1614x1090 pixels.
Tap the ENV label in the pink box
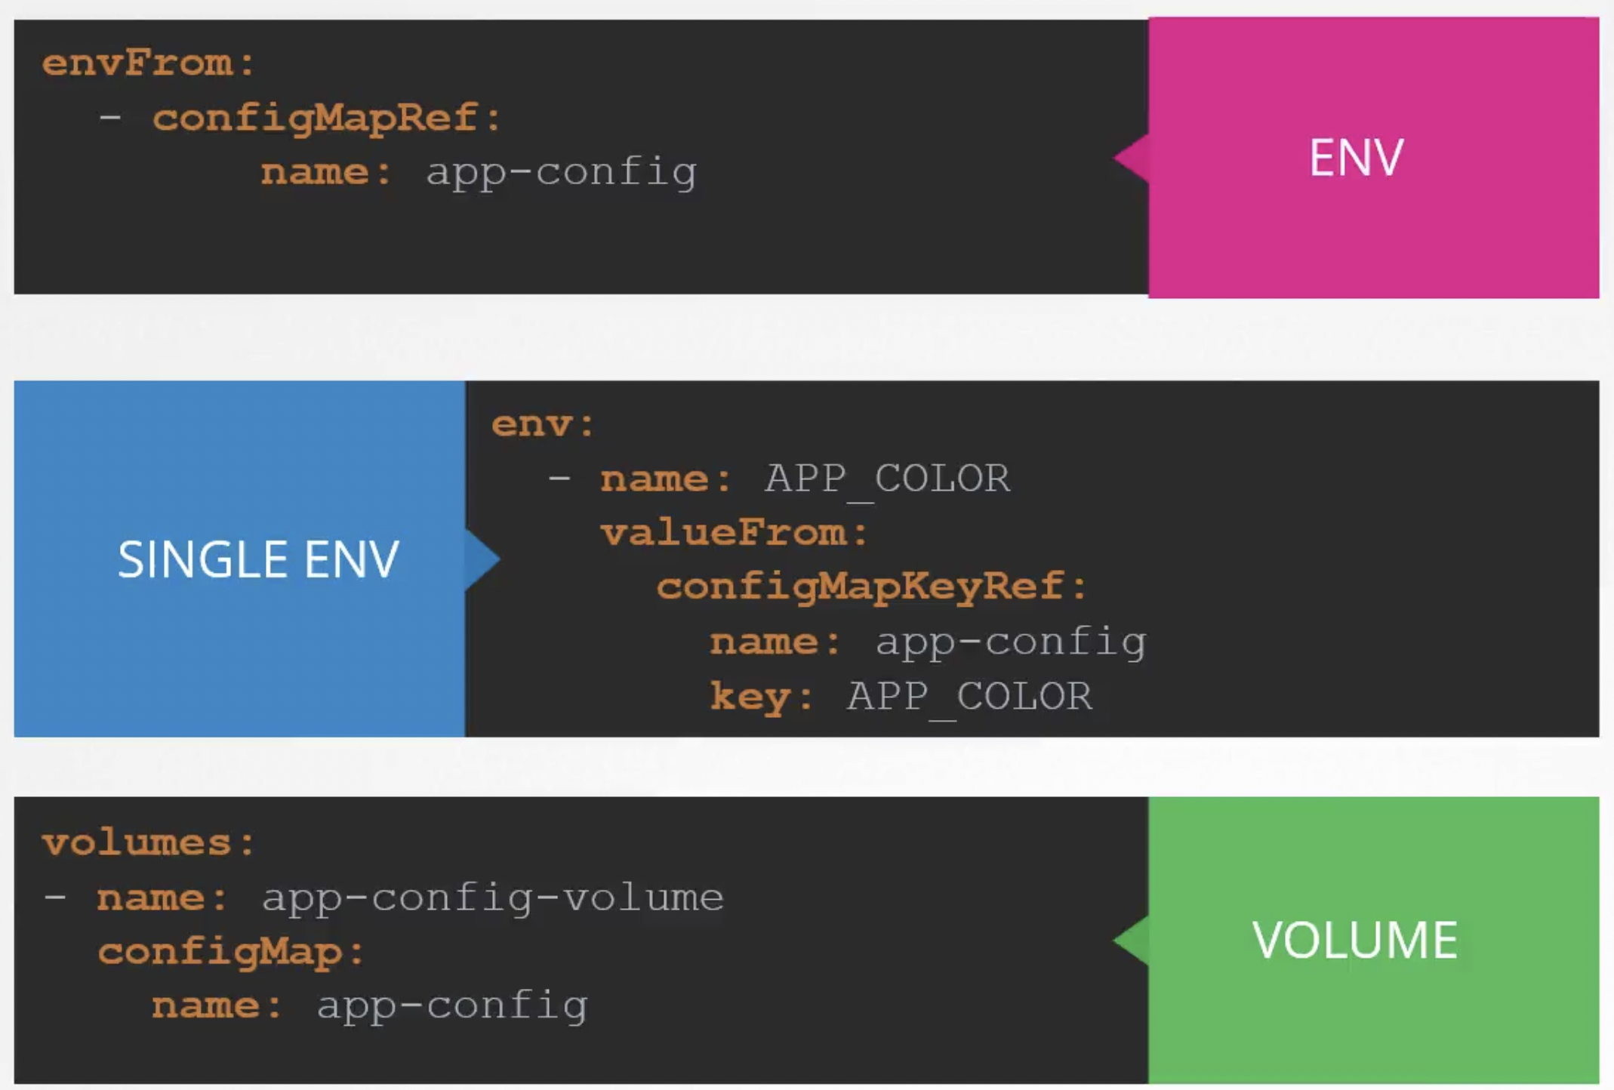coord(1356,158)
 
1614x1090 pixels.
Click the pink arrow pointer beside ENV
coord(1132,158)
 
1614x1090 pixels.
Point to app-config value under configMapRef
coord(561,173)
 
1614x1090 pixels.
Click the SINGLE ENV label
coord(258,559)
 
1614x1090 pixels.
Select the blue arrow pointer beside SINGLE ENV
coord(481,559)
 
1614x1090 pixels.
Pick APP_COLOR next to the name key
coord(887,479)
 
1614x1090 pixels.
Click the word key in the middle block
coord(750,696)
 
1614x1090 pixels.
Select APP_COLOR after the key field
coord(969,696)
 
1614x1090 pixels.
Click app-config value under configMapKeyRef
coord(1010,642)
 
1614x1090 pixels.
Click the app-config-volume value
coord(492,898)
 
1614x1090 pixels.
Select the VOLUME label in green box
coord(1354,941)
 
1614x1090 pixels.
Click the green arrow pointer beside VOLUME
coord(1132,941)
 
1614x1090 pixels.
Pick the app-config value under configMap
coord(451,1006)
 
